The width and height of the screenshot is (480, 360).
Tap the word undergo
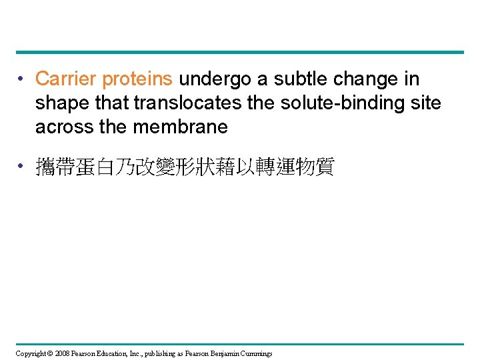[215, 79]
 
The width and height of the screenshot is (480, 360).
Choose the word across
[64, 126]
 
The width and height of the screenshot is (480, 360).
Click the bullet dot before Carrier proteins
[22, 80]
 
